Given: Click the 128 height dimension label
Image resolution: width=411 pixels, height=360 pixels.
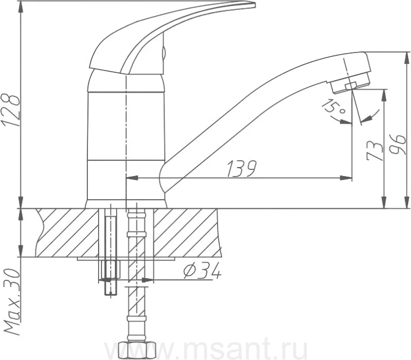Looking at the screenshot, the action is (11, 110).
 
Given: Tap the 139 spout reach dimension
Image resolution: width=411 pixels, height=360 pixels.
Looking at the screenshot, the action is (241, 169).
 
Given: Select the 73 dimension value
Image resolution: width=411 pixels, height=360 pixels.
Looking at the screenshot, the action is (374, 151).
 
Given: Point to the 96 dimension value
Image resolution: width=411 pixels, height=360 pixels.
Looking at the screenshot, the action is (396, 144).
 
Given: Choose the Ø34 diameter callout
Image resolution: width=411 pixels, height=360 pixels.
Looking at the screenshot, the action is (202, 271).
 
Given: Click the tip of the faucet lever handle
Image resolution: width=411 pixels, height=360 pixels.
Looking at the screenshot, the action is (255, 4).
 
